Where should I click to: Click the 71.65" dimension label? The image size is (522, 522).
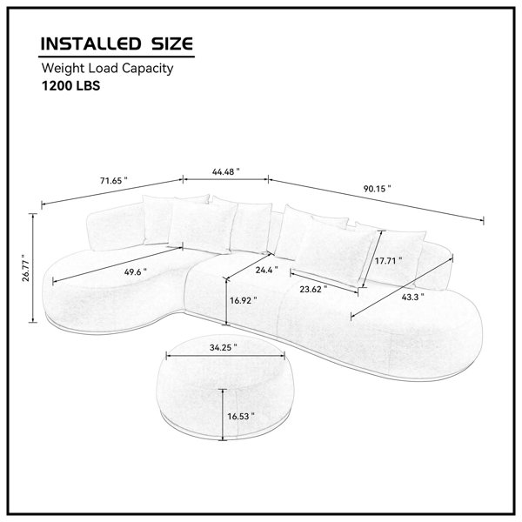tap(113, 181)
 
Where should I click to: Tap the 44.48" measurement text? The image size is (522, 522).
tap(225, 171)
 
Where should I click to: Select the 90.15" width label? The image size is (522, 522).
tap(377, 189)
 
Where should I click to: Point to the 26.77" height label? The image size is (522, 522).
tap(25, 268)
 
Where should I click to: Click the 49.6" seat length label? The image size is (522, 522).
tap(135, 271)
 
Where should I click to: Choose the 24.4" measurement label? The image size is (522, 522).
tap(267, 270)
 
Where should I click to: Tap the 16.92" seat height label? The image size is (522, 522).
tap(244, 300)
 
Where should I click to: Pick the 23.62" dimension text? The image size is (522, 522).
tap(313, 290)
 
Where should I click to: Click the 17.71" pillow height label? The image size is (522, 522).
tap(389, 261)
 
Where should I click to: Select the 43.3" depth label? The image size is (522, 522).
tap(412, 297)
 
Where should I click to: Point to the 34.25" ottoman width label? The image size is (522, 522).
tap(224, 347)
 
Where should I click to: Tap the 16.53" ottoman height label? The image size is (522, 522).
tap(241, 416)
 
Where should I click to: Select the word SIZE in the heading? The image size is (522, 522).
tap(172, 44)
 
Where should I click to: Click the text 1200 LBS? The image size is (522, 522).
tap(70, 86)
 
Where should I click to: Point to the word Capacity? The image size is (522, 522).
tap(147, 69)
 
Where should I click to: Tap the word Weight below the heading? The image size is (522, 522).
tap(64, 69)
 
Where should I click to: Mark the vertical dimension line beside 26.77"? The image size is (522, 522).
tap(33, 268)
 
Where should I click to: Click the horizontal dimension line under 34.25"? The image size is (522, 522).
tap(225, 356)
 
